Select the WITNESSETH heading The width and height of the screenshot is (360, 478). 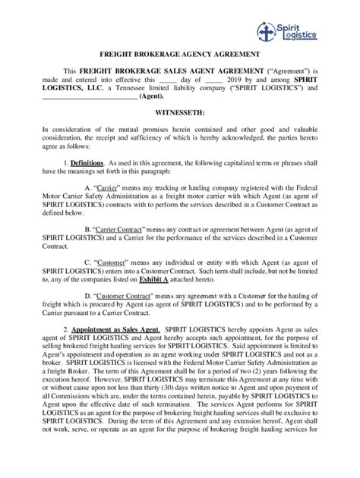click(180, 109)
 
